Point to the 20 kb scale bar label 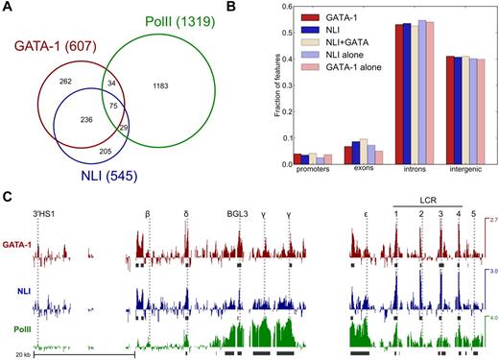pos(12,354)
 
